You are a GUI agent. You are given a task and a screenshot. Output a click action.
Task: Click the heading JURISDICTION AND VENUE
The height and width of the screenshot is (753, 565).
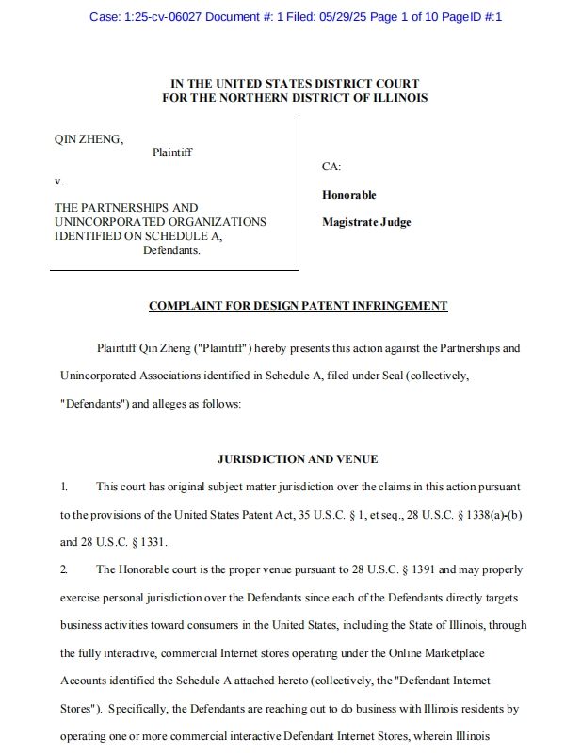tap(298, 459)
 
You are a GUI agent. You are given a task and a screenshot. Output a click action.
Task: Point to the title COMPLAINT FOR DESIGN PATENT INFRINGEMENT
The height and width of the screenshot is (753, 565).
tap(298, 306)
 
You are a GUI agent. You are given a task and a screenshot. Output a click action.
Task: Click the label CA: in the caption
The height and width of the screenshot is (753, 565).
tap(331, 167)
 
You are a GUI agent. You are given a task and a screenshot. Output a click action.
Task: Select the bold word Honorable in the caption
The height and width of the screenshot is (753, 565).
tap(348, 195)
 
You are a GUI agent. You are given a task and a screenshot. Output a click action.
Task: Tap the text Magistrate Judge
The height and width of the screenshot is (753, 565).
tap(366, 222)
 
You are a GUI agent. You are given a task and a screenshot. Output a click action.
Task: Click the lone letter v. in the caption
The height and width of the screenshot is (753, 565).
tap(59, 180)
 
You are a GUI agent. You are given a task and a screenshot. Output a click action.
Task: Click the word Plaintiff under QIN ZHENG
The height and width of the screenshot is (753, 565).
tap(171, 152)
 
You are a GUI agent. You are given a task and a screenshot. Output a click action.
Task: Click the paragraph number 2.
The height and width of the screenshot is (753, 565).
tap(64, 569)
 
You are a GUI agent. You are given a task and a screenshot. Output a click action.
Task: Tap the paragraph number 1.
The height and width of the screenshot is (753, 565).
tap(64, 488)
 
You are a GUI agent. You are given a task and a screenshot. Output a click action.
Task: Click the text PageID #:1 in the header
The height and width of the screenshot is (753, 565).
tap(472, 17)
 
